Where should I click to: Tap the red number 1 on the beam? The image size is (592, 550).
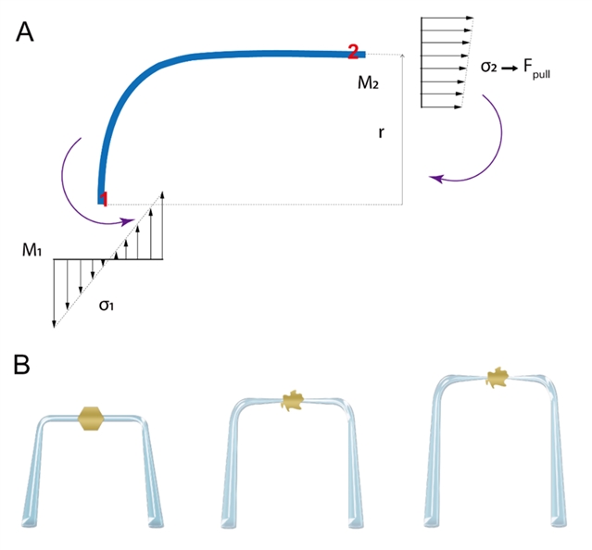pos(105,198)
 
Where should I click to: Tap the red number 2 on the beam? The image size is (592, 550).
pos(353,52)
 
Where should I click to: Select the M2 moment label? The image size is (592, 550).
pos(370,83)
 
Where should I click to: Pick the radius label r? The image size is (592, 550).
pos(381,133)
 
